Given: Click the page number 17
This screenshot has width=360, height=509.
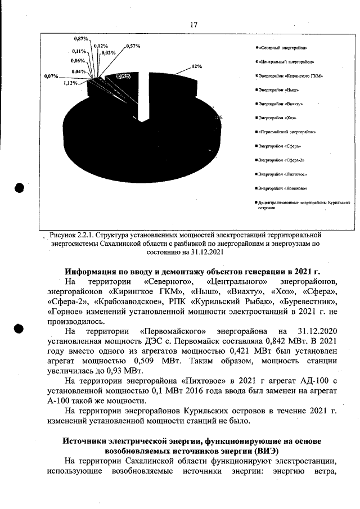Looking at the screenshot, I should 194,25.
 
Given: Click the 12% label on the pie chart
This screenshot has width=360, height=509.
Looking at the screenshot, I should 197,66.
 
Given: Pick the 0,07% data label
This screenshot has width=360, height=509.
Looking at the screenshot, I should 51,75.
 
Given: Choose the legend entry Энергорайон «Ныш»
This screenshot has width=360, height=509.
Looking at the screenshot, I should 277,89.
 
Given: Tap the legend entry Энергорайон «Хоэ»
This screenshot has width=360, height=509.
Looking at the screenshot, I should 277,118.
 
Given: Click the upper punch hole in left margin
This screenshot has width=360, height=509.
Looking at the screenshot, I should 20,188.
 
